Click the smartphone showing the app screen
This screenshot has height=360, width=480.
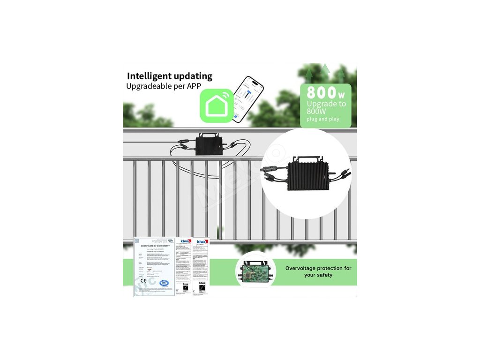coord(248,100)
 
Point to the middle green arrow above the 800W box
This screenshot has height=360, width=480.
coord(325,69)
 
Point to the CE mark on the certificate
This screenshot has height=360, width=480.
coord(143,281)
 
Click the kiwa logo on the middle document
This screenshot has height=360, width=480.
coord(186,241)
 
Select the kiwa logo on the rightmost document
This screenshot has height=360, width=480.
coord(203,241)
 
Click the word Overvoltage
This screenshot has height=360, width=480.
coord(304,268)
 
